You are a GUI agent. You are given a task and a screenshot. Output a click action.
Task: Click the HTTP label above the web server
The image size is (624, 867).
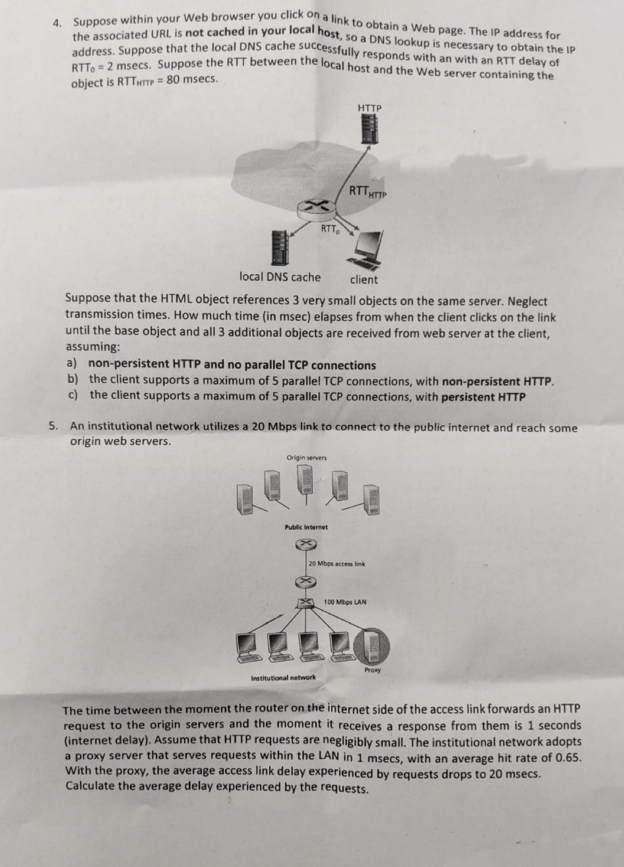(x=370, y=108)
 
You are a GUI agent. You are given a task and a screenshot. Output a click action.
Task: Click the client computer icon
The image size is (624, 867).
(x=366, y=250)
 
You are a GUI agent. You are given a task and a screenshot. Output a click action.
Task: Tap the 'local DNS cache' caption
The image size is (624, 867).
(x=280, y=277)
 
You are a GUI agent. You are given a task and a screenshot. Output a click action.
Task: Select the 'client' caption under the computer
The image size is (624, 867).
(x=364, y=280)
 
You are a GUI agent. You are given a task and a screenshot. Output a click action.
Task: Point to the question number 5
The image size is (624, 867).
(x=52, y=425)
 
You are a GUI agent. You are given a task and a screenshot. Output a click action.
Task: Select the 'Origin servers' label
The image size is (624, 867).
(x=306, y=458)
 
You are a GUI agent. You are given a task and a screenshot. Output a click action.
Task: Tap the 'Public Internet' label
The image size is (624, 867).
(x=306, y=527)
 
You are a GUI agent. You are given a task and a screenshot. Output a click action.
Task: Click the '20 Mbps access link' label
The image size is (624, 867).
(x=337, y=564)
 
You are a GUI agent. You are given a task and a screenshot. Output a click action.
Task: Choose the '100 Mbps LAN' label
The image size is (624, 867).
(x=345, y=602)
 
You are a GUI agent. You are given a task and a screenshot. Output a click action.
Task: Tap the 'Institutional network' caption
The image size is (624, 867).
(x=283, y=678)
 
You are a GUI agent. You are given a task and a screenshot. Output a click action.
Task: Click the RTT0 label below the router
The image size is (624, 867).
(x=330, y=229)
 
